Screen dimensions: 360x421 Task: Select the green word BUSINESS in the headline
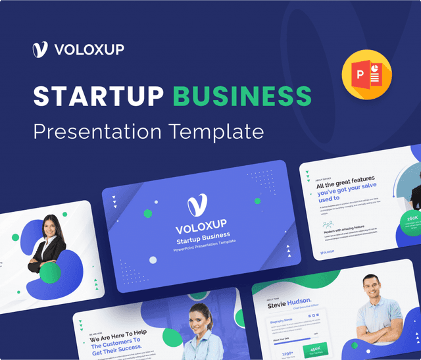[238, 96]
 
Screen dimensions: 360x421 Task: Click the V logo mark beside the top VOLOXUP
[41, 50]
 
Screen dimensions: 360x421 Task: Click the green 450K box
[315, 349]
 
